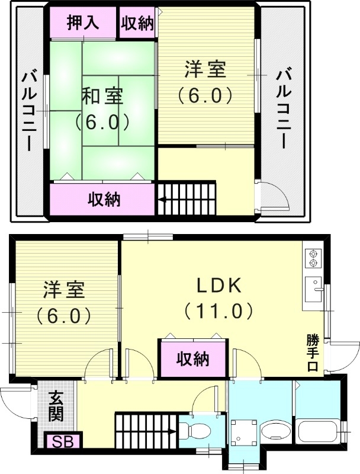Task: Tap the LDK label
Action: (x=219, y=286)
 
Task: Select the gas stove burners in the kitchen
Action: (x=311, y=258)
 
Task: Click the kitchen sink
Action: (x=311, y=290)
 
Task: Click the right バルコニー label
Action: (x=282, y=108)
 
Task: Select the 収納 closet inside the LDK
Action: (x=192, y=358)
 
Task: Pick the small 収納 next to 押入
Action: (x=137, y=23)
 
